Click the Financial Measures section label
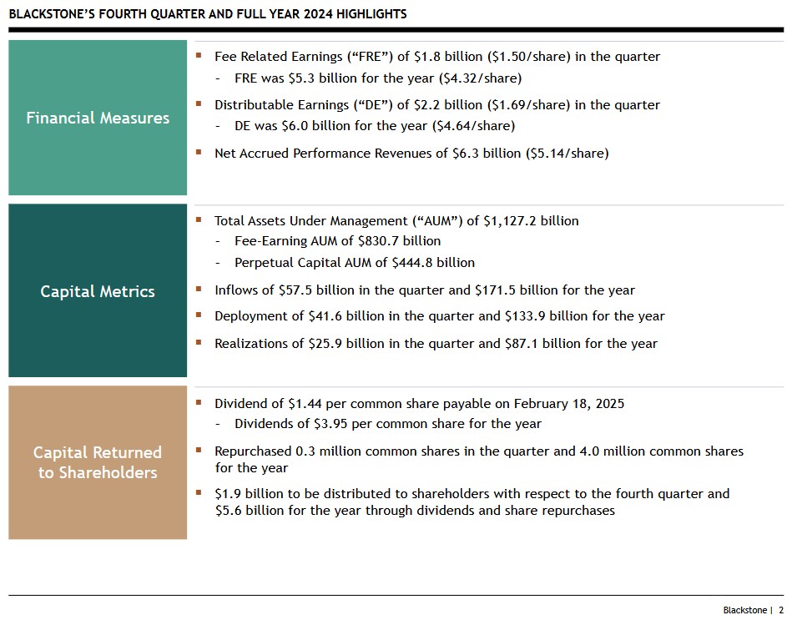click(98, 118)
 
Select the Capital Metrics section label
click(98, 291)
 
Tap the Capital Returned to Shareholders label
click(98, 462)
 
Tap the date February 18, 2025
click(569, 404)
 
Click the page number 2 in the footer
click(781, 610)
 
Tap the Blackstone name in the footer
click(744, 610)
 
